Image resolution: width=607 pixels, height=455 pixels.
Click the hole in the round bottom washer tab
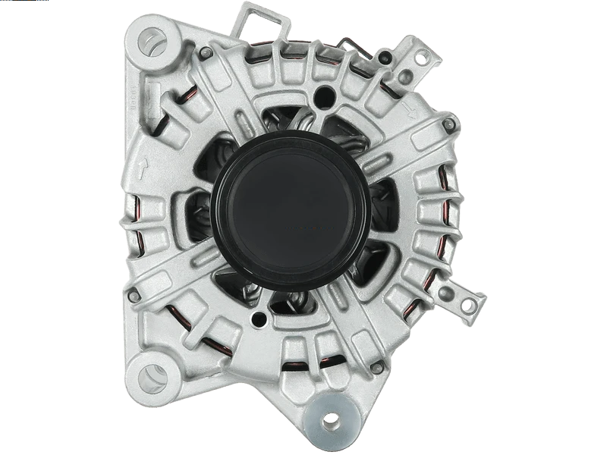pos(331,419)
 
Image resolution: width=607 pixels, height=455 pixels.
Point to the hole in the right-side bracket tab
pos(468,305)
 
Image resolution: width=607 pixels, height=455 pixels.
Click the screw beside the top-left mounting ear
pos(205,52)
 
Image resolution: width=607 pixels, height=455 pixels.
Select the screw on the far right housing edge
pos(449,124)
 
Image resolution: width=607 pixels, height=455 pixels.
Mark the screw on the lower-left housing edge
pos(134,296)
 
